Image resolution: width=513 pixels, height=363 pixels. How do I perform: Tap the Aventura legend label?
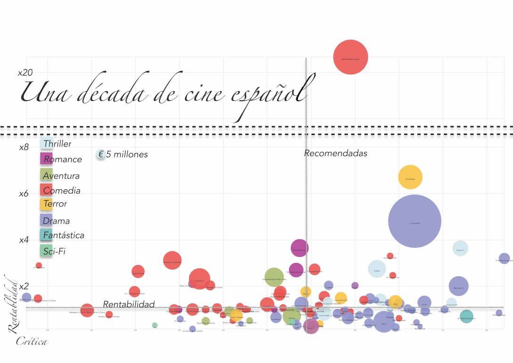click(x=61, y=176)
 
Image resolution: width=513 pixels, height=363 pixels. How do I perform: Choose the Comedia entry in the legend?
click(x=61, y=191)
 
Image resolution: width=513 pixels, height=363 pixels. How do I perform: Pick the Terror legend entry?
click(x=55, y=204)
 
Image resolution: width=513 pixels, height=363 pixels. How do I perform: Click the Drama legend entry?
click(x=56, y=220)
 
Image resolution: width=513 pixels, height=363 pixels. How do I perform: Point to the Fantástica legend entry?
click(x=63, y=235)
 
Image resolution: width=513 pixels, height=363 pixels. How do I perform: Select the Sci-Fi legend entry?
click(x=54, y=251)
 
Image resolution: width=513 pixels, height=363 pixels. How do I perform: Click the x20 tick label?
click(x=25, y=73)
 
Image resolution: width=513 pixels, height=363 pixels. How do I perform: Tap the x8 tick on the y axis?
click(x=24, y=147)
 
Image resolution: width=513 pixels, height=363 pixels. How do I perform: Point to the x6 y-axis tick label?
click(x=24, y=194)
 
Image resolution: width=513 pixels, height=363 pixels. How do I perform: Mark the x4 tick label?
click(x=24, y=240)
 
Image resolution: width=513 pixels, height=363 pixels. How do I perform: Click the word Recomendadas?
click(x=335, y=153)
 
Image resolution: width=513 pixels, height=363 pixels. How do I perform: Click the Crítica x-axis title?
click(x=32, y=341)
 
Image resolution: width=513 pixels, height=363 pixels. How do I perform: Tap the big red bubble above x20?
click(x=350, y=57)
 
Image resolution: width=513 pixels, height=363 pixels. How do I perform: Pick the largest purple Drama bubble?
click(x=414, y=221)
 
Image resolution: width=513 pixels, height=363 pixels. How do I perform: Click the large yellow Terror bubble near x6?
click(x=410, y=177)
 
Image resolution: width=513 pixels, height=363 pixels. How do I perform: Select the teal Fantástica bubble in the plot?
click(x=466, y=316)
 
